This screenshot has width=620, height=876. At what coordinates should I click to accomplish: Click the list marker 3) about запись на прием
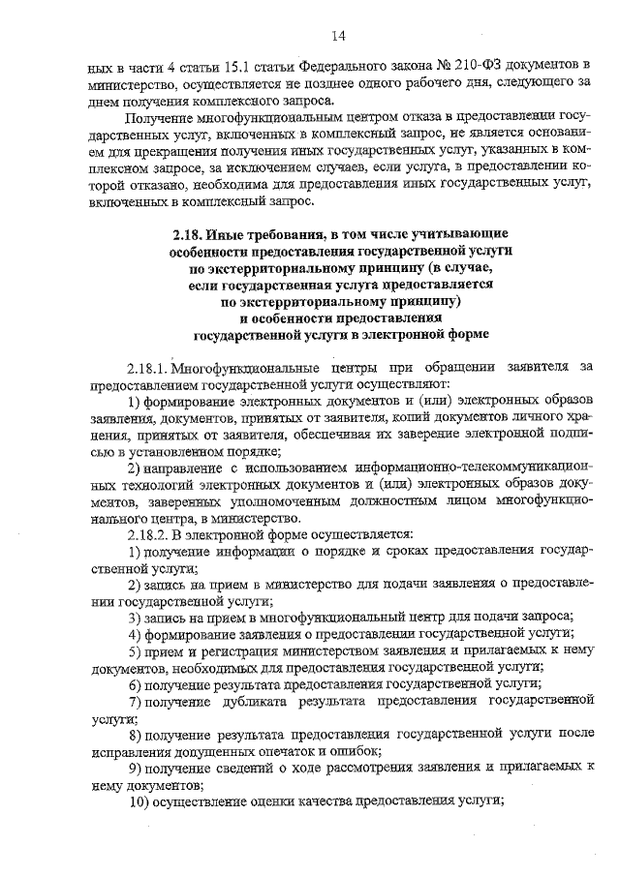pyautogui.click(x=136, y=617)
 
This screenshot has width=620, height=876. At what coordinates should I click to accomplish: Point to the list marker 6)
pyautogui.click(x=136, y=683)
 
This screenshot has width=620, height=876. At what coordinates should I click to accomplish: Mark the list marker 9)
pyautogui.click(x=136, y=767)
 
